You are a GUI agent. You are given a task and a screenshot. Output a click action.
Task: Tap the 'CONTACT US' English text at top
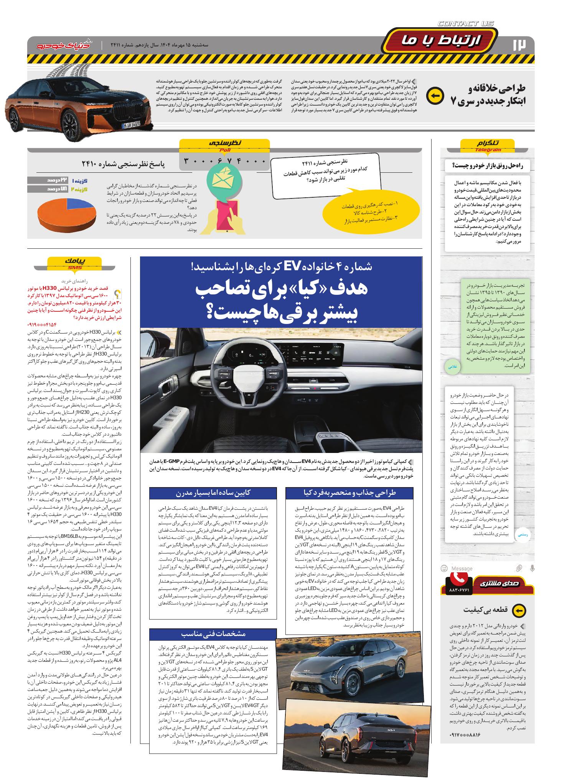coord(466,24)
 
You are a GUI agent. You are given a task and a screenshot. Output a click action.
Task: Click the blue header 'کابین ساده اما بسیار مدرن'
coord(213,492)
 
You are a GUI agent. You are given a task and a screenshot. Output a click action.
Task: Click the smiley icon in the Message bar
coord(444,568)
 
